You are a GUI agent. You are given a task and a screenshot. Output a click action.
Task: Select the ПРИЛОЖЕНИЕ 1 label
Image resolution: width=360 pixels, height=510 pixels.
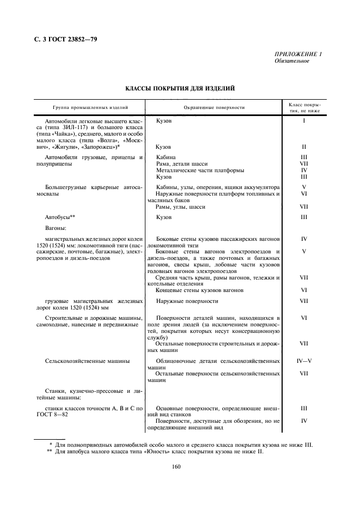[298, 54]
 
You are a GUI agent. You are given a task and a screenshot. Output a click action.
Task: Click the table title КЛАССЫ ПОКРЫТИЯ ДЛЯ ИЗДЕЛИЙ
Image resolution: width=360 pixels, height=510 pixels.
[180, 87]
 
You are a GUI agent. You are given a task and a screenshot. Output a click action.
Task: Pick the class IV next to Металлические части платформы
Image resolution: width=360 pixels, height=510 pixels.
[304, 170]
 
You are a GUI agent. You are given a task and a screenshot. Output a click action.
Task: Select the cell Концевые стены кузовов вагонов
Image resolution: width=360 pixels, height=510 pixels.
[199, 290]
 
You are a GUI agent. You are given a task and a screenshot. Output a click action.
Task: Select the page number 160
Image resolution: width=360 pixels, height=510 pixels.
[176, 466]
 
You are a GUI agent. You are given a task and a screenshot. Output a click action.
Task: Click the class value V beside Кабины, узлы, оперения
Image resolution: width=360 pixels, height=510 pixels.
[304, 187]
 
